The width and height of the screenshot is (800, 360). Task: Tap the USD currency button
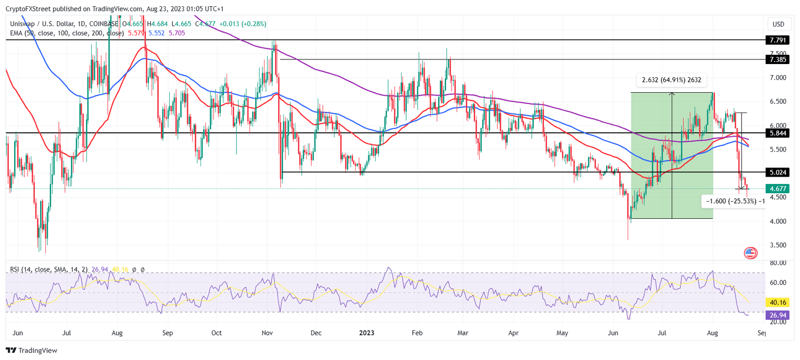click(x=778, y=24)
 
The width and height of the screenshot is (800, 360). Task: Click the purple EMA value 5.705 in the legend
click(x=177, y=33)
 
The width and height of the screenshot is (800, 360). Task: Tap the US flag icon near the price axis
click(x=750, y=253)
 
